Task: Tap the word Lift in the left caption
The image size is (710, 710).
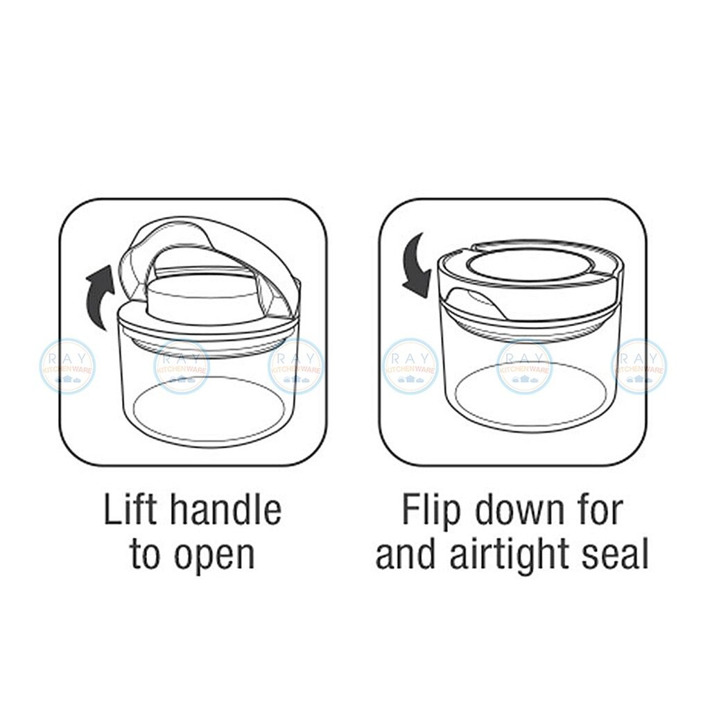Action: coord(130,510)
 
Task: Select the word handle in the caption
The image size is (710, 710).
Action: coord(225,510)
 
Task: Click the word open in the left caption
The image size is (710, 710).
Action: coord(215,555)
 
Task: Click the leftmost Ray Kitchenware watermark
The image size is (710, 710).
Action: coord(67,366)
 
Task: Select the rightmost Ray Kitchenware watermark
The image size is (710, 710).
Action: coord(639,366)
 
